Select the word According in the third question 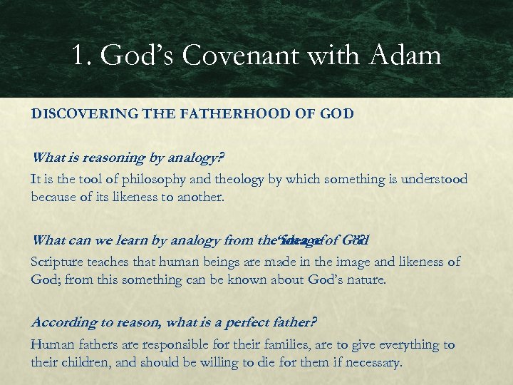(61, 322)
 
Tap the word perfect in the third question (254, 322)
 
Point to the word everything (401, 344)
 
